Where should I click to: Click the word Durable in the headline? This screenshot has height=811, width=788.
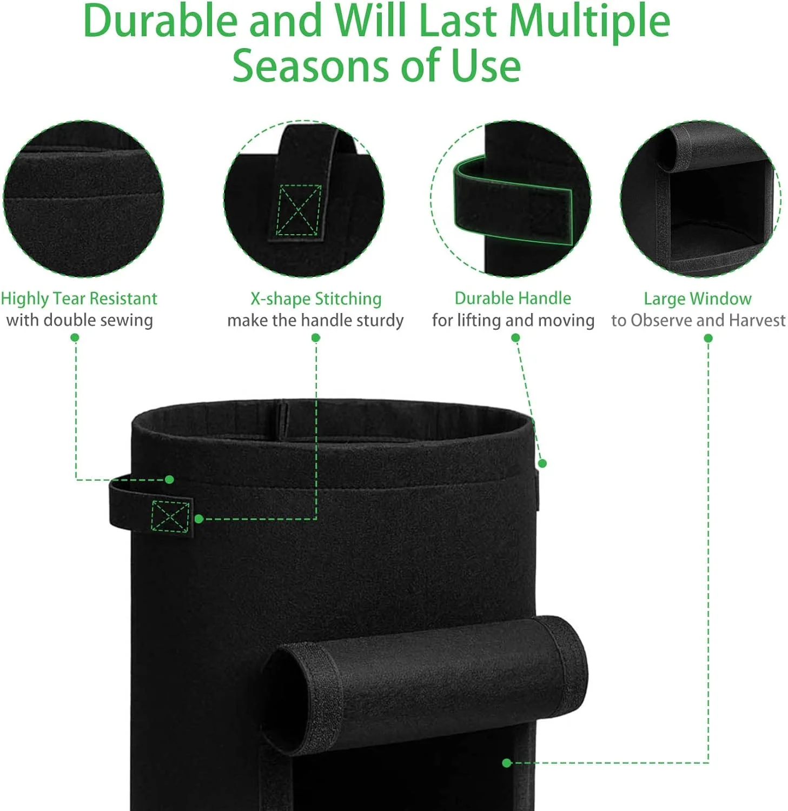[x=160, y=22]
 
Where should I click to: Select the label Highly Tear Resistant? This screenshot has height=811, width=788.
[x=79, y=298]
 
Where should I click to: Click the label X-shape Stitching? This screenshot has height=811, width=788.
[x=316, y=298]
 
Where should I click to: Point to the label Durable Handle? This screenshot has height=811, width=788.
[x=513, y=298]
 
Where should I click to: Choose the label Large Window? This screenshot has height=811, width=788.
[x=697, y=298]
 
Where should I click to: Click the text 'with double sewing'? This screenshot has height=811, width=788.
[x=80, y=320]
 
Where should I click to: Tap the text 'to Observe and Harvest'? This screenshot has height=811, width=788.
[x=698, y=320]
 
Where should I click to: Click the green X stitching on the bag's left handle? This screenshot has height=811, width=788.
[x=170, y=516]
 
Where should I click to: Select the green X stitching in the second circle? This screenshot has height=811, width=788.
[x=298, y=210]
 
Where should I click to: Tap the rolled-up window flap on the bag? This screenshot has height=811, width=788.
[x=427, y=681]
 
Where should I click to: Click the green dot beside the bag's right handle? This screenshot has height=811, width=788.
[x=542, y=463]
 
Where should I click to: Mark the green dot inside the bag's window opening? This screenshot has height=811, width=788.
[x=507, y=763]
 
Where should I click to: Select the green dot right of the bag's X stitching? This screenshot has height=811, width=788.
[x=198, y=519]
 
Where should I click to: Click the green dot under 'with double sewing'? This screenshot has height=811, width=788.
[x=75, y=338]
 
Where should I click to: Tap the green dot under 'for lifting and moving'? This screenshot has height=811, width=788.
[x=515, y=338]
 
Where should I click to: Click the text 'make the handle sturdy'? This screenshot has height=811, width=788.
[x=315, y=320]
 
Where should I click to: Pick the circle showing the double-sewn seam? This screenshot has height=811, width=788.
[x=83, y=199]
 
